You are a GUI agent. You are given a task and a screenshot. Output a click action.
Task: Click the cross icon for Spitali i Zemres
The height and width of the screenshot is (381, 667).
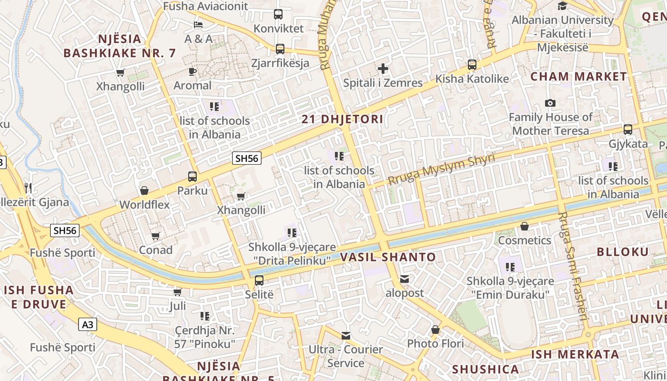tap(383, 69)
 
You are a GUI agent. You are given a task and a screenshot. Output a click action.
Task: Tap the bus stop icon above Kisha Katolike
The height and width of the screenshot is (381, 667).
tap(472, 65)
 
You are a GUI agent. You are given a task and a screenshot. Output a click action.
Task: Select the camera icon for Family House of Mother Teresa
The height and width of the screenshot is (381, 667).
tap(550, 103)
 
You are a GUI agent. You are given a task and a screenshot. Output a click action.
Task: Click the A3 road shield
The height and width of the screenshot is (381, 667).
tap(88, 325)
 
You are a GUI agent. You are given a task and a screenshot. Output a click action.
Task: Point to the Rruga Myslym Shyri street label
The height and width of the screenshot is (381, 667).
tap(441, 169)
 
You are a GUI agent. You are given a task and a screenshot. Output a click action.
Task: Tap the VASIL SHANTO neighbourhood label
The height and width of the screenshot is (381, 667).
tap(388, 257)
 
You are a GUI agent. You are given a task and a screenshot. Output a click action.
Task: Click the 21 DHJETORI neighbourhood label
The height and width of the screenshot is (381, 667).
tap(342, 119)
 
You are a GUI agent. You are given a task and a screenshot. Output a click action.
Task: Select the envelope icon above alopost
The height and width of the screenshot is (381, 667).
tap(404, 279)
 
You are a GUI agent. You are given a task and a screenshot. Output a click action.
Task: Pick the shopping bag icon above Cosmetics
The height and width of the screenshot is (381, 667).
tap(525, 226)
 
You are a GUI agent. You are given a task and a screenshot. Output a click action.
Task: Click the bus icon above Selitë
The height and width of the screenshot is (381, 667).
tap(259, 281)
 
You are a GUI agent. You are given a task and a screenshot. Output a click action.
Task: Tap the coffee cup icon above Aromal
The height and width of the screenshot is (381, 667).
tap(192, 72)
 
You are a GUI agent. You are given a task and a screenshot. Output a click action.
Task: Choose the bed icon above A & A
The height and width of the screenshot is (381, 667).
tap(198, 25)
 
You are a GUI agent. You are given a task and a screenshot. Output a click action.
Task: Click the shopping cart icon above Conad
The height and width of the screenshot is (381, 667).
tap(155, 236)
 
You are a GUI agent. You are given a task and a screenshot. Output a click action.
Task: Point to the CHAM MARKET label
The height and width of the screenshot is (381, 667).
tap(579, 76)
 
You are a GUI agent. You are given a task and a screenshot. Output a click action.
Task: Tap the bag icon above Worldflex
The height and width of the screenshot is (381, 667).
tap(144, 191)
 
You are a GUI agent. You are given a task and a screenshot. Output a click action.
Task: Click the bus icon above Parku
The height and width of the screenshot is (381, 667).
tap(192, 177)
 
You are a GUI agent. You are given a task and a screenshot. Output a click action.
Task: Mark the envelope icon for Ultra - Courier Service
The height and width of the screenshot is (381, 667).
tap(346, 336)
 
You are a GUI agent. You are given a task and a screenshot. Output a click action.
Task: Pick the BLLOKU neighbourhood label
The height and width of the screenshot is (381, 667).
tap(623, 252)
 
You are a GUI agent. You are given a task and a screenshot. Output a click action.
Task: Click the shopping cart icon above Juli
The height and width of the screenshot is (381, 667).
tap(177, 292)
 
